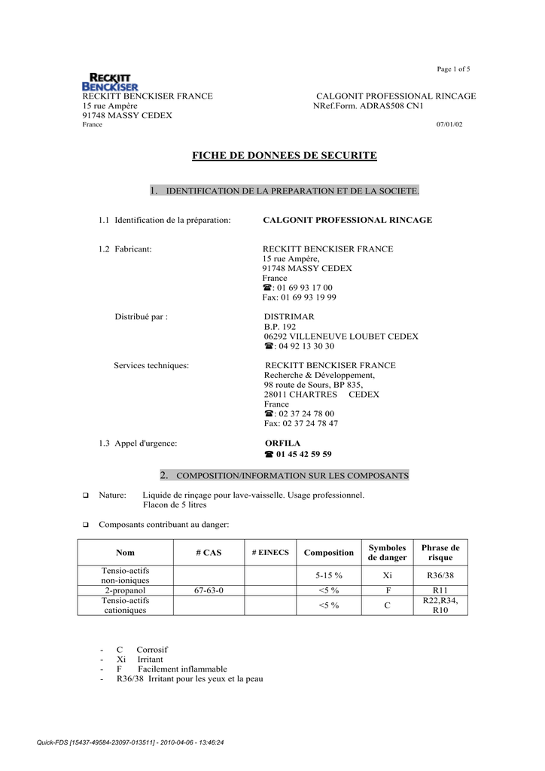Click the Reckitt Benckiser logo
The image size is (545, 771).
(x=110, y=81)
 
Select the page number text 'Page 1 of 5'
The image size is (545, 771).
(x=454, y=69)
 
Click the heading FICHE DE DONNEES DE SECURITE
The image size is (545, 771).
(x=284, y=156)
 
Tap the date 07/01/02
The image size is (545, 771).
(x=449, y=124)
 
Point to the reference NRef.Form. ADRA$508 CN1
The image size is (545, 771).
(x=368, y=106)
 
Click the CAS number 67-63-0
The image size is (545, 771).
(x=209, y=590)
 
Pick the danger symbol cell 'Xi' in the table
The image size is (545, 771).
(x=387, y=575)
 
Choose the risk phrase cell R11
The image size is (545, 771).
(x=440, y=590)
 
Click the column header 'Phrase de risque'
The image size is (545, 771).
(x=440, y=553)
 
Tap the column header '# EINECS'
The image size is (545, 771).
(x=270, y=553)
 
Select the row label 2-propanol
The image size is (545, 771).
(x=125, y=590)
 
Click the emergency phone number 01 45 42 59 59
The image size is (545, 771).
(x=303, y=454)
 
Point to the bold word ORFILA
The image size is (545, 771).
(x=282, y=443)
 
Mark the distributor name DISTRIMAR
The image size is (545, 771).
(x=289, y=317)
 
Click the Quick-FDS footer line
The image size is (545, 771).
(x=130, y=742)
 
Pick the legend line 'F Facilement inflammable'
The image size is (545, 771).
(x=172, y=669)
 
